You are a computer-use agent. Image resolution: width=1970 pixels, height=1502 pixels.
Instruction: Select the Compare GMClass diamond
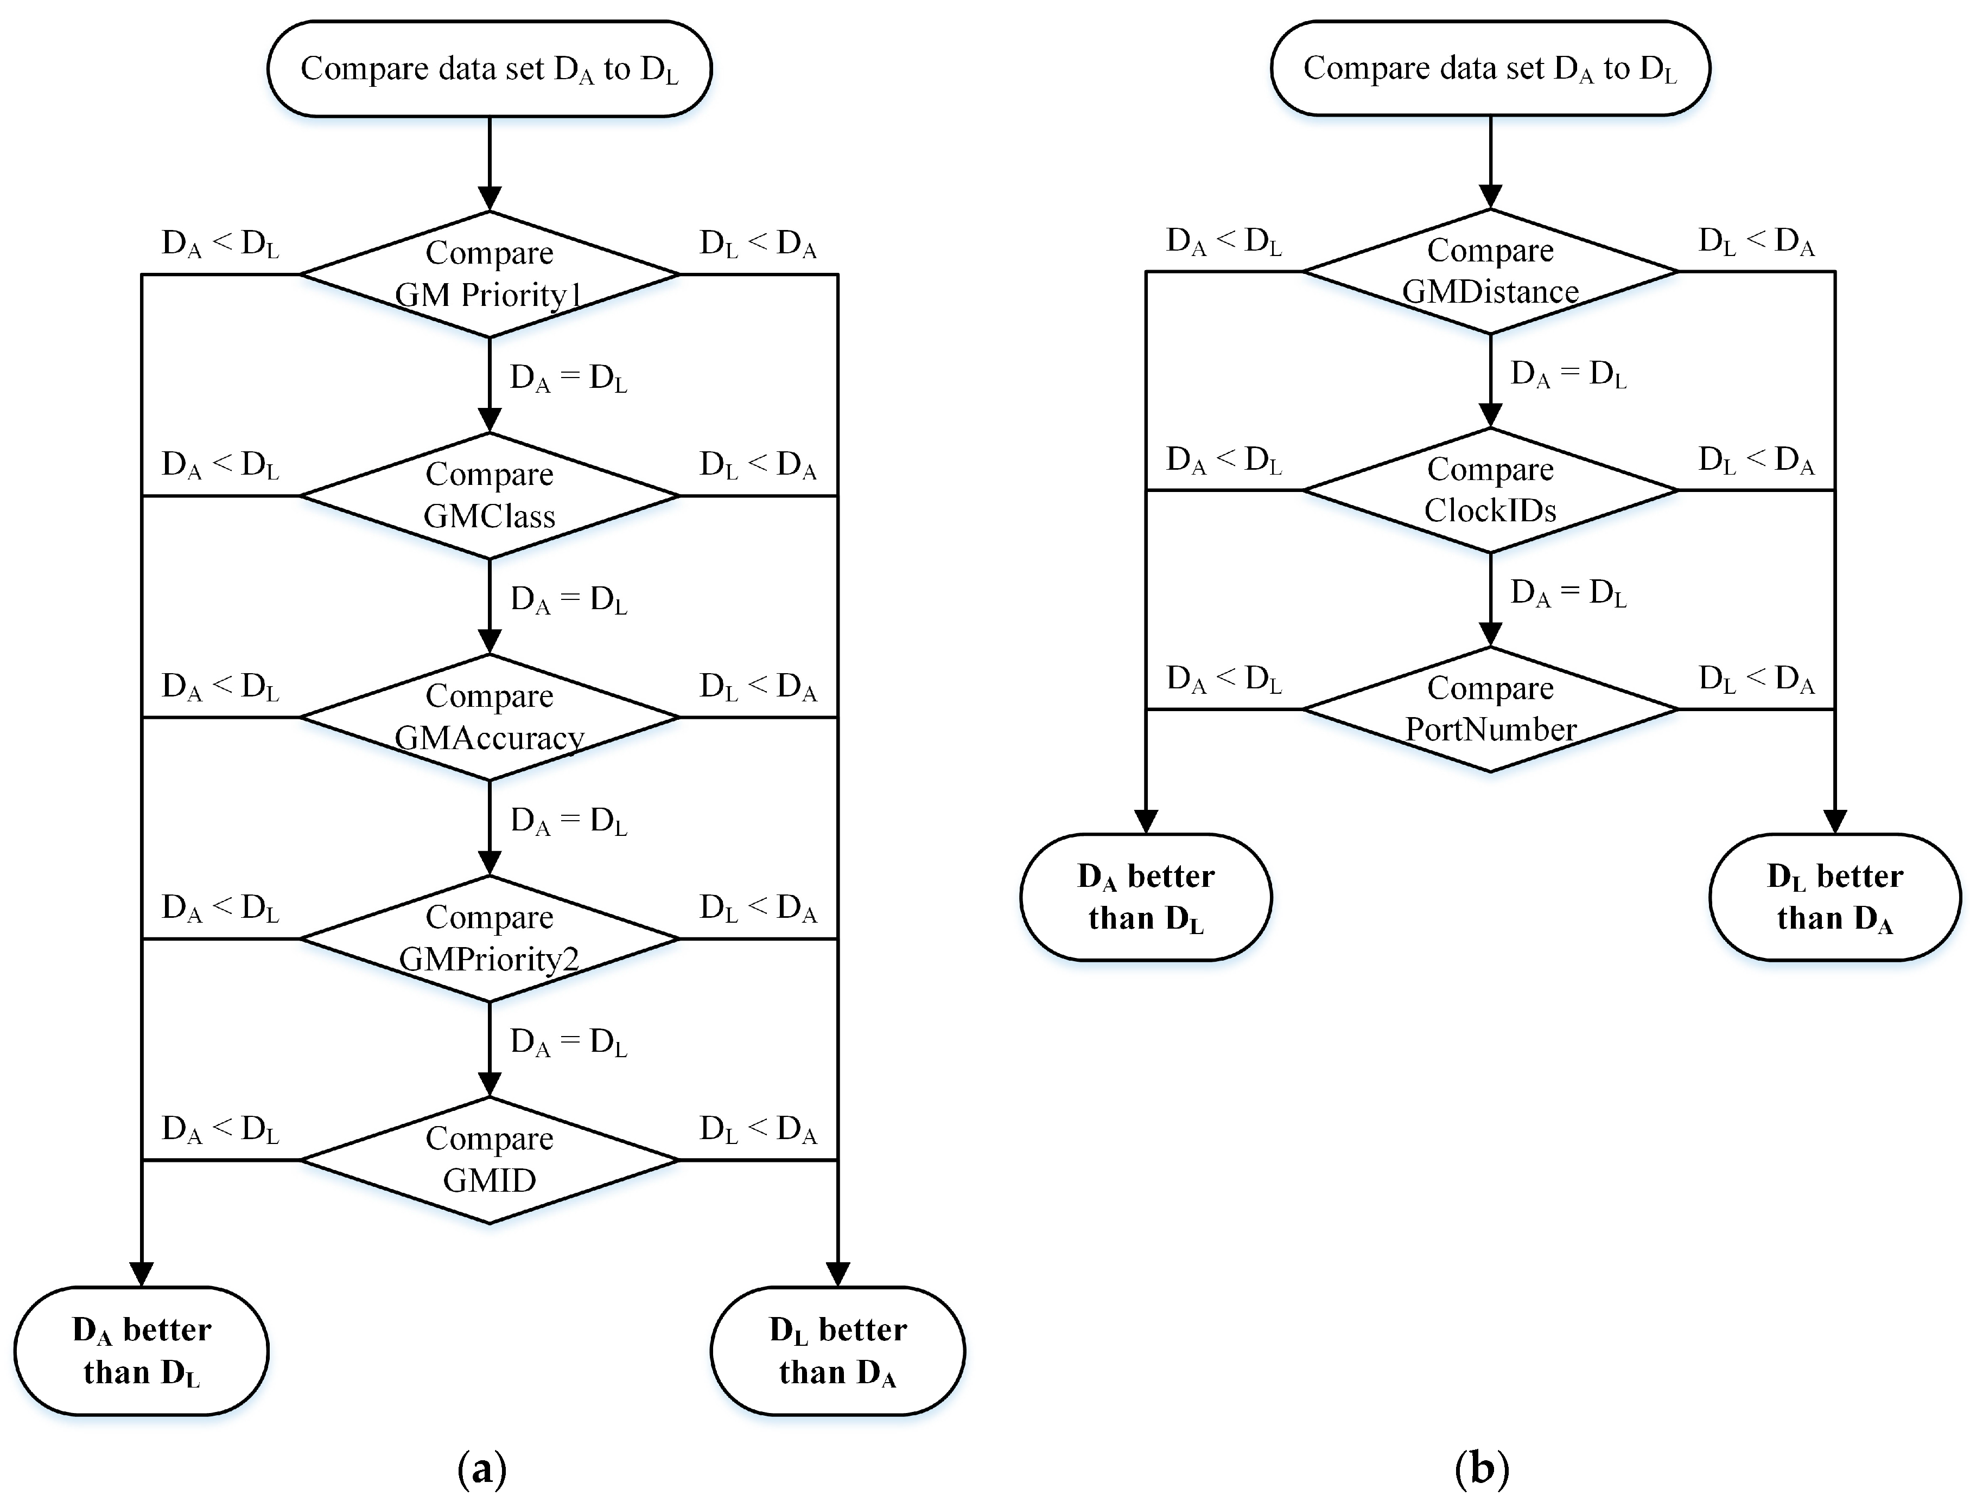pos(489,495)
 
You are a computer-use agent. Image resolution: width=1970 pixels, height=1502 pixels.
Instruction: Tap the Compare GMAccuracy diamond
pos(489,717)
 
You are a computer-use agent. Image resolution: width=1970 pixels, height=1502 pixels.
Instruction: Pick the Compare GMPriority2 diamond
pos(489,939)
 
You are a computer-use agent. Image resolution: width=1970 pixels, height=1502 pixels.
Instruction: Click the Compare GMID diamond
pos(489,1160)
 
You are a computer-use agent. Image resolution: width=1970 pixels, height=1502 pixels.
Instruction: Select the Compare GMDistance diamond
pos(1490,271)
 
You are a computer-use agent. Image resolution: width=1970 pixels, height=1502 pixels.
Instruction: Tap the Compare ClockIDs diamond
pos(1490,490)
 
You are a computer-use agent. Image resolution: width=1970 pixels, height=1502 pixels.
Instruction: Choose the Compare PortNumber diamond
pos(1490,709)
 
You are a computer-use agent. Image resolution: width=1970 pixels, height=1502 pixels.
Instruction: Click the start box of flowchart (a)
pos(489,69)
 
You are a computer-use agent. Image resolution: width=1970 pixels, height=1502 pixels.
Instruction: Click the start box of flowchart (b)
pos(1490,68)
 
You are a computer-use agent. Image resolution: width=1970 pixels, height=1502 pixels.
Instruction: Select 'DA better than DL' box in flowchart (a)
pos(141,1350)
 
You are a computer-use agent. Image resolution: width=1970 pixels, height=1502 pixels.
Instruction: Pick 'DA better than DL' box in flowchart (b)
pos(1146,897)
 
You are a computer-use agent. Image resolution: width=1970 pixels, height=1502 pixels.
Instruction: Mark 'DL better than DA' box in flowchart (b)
pos(1834,897)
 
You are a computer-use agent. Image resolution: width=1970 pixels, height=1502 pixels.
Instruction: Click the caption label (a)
pos(482,1468)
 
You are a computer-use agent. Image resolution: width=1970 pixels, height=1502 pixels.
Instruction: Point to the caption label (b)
pos(1482,1467)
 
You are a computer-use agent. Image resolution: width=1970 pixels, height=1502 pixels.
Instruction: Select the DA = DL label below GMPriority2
pos(568,1043)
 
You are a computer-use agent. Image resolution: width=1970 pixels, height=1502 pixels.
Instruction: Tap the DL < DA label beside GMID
pos(758,1130)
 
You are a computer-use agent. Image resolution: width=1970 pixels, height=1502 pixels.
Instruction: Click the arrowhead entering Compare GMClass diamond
pos(489,420)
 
